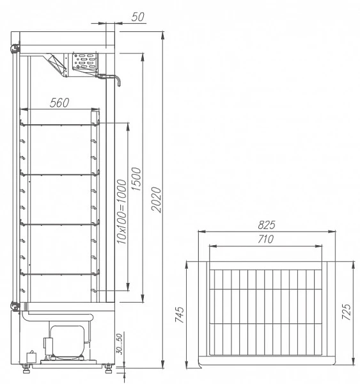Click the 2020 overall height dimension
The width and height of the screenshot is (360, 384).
pos(157,200)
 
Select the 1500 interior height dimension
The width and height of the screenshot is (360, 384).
pos(136,179)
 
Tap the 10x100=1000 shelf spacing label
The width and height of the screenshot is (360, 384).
pos(122,212)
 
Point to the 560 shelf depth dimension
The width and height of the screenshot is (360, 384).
pos(59,102)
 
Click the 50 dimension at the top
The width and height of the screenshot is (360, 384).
pos(137,17)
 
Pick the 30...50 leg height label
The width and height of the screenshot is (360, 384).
pos(120,344)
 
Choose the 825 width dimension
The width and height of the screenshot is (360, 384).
pos(267,225)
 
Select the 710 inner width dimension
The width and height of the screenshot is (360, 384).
pos(266,239)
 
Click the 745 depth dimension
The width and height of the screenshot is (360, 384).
pos(180,314)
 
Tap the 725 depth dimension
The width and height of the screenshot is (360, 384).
pos(347,312)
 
